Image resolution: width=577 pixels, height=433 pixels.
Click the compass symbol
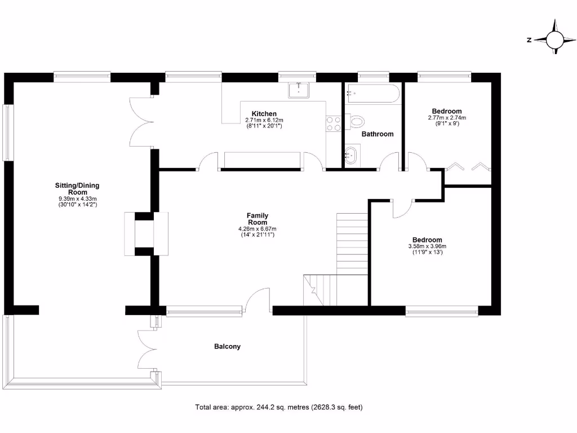555,40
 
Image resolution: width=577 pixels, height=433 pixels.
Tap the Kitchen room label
264,114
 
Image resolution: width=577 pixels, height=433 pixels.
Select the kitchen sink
299,90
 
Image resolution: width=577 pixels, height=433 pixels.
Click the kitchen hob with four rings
333,123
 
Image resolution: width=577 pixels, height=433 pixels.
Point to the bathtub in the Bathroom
374,94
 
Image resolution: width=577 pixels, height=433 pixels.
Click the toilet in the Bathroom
357,121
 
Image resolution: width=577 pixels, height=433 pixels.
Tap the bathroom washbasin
351,154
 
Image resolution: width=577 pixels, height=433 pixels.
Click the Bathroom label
378,134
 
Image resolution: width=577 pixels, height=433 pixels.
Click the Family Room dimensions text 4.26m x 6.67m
258,229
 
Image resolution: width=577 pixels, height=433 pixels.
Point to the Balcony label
227,347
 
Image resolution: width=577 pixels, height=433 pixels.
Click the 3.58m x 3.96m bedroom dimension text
427,246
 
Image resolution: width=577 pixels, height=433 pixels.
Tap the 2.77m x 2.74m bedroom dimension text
447,118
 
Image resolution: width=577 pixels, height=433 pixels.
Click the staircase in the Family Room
352,242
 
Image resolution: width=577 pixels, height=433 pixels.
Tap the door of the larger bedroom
402,209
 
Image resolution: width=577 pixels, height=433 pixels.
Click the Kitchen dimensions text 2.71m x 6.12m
264,121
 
